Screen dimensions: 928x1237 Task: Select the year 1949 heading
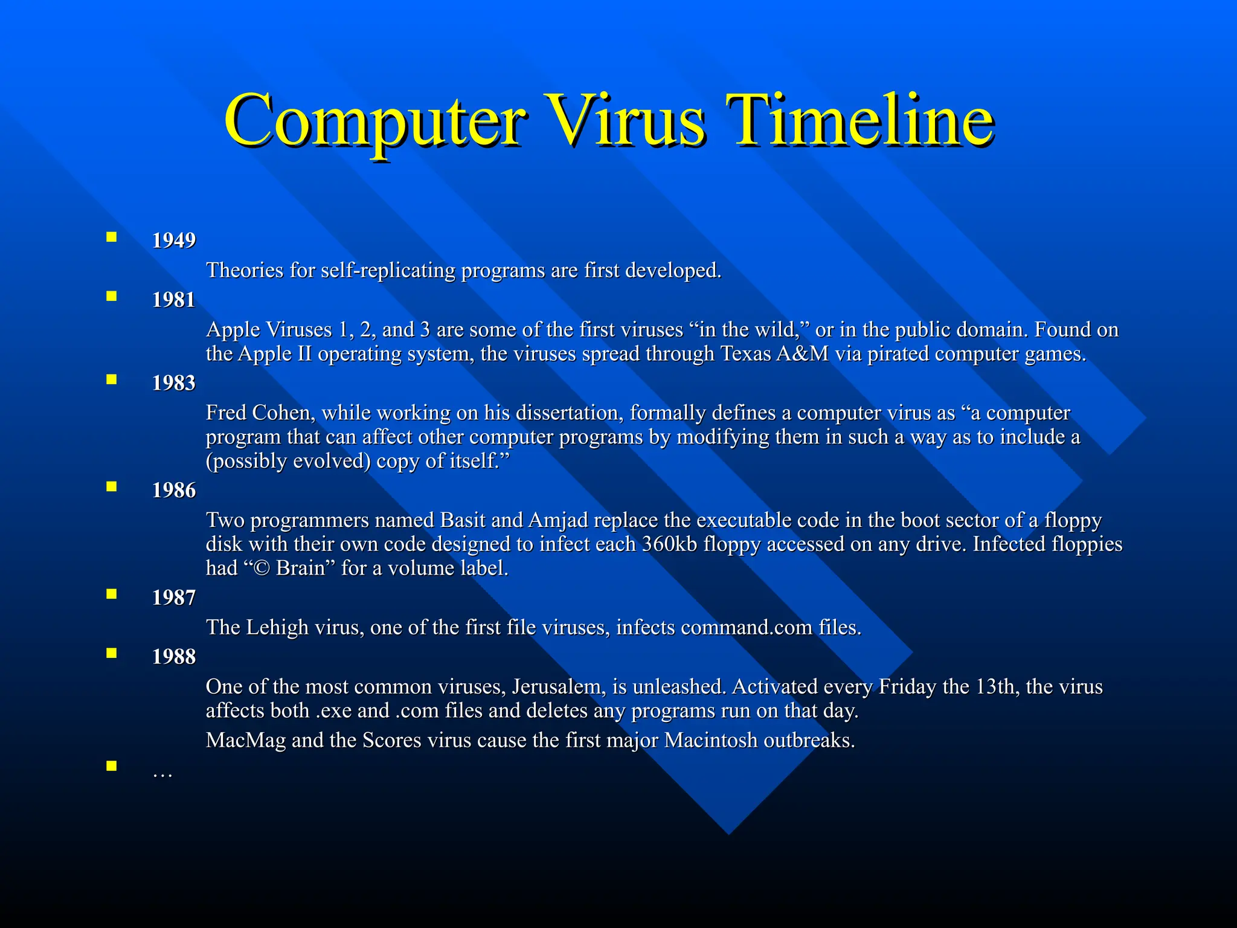point(174,240)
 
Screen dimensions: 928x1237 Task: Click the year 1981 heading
point(174,300)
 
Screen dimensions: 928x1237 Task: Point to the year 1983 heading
point(174,383)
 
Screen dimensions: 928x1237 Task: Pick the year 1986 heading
point(174,490)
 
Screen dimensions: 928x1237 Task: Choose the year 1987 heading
point(174,598)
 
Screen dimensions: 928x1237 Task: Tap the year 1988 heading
point(174,657)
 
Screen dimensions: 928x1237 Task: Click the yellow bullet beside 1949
point(111,237)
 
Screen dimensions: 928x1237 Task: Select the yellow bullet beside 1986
point(111,486)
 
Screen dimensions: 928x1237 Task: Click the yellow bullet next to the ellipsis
point(111,766)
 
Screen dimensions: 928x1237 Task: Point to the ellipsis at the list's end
point(162,774)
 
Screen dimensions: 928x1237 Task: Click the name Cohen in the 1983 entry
point(283,413)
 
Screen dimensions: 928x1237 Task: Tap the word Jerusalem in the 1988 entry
point(559,687)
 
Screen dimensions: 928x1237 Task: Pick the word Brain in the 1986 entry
point(300,569)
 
